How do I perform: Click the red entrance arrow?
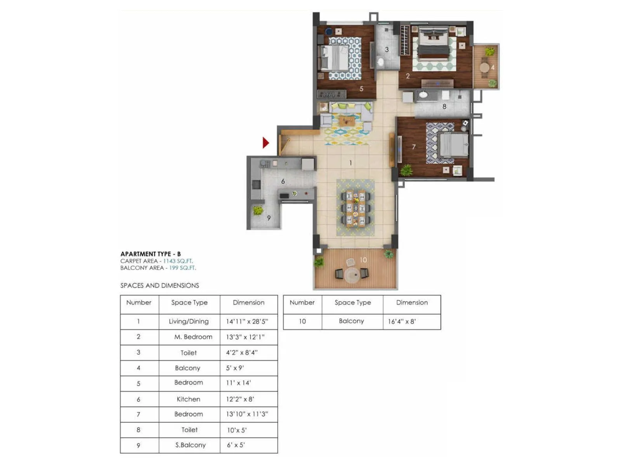tap(265, 143)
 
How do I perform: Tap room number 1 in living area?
tap(350, 163)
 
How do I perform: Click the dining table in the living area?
tap(356, 209)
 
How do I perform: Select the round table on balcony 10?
tap(352, 275)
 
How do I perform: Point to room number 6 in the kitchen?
tap(283, 181)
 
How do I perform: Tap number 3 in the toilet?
tap(387, 50)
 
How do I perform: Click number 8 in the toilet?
tap(444, 106)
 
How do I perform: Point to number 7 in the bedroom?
tap(414, 147)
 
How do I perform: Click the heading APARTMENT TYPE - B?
tap(151, 254)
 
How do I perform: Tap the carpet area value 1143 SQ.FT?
tap(178, 261)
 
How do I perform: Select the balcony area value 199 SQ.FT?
tap(182, 268)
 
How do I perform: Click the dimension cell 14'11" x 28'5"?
tap(247, 322)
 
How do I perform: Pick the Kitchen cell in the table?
tap(189, 399)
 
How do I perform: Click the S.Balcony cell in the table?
tap(190, 445)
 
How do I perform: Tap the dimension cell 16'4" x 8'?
tap(402, 322)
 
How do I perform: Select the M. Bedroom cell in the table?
tap(193, 337)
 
